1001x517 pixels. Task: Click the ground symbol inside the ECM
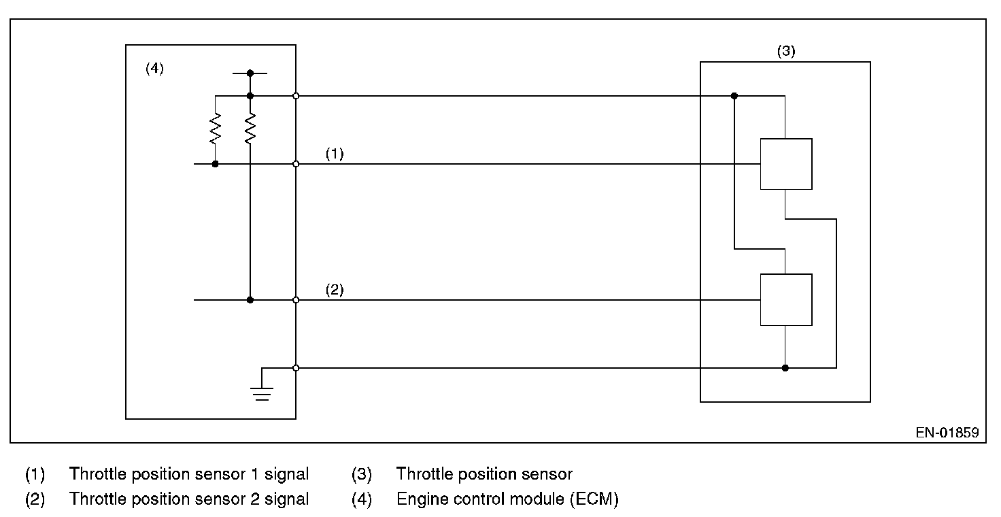(x=262, y=393)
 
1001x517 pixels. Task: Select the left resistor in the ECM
(x=216, y=129)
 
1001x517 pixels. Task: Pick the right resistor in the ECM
(x=250, y=129)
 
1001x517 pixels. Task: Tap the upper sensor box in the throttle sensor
(x=785, y=164)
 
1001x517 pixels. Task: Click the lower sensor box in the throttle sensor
(x=785, y=299)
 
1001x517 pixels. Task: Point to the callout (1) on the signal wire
(x=335, y=154)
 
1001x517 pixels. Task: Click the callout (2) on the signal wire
(x=335, y=290)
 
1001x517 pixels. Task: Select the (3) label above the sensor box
(x=786, y=51)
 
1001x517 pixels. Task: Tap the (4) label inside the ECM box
(x=155, y=69)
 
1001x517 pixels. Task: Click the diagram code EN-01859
(x=947, y=432)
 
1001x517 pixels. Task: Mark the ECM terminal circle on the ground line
(x=296, y=368)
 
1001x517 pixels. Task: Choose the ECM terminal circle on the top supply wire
(x=296, y=96)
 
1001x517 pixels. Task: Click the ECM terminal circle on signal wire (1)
(x=296, y=164)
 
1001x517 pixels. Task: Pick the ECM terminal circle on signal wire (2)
(x=296, y=299)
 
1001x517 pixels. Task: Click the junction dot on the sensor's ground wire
(x=785, y=368)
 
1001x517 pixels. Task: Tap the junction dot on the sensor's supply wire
(x=734, y=96)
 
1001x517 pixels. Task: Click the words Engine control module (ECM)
(x=507, y=499)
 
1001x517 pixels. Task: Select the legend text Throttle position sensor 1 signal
(x=189, y=474)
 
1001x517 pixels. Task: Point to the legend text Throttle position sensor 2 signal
(x=189, y=499)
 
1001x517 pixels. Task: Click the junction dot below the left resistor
(x=216, y=164)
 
